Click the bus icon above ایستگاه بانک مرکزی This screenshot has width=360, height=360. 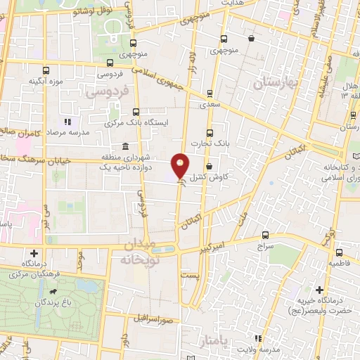[136, 111]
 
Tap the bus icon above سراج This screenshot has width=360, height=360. [265, 235]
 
